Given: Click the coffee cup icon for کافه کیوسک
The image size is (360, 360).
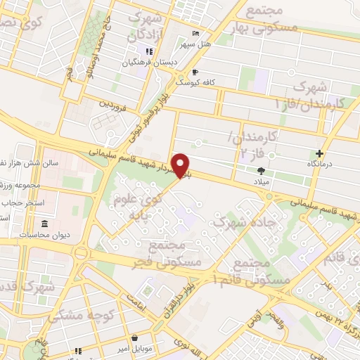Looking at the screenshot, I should pyautogui.click(x=195, y=72).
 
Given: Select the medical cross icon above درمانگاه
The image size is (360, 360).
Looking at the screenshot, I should pyautogui.click(x=320, y=153).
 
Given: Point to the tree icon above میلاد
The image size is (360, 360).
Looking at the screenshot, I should pyautogui.click(x=262, y=170).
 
